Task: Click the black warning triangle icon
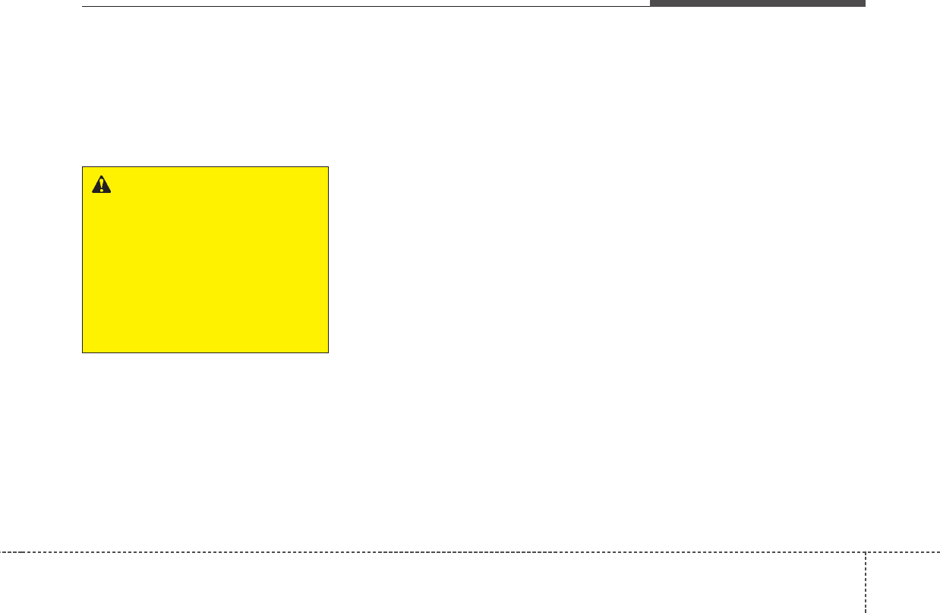tap(101, 184)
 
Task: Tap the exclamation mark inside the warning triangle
tap(101, 185)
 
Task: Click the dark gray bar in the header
tap(757, 3)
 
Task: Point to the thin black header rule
tap(364, 7)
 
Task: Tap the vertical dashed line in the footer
tap(865, 582)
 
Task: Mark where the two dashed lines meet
tap(865, 551)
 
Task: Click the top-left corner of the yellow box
tap(82, 167)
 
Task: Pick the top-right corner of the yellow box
tap(328, 167)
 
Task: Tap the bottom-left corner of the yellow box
tap(82, 352)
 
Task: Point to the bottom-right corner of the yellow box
tap(328, 352)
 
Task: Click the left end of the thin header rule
tap(82, 7)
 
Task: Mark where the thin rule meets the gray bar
tap(650, 6)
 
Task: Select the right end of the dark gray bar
tap(865, 3)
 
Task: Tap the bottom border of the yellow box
tap(205, 352)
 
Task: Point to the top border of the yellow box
tap(205, 167)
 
